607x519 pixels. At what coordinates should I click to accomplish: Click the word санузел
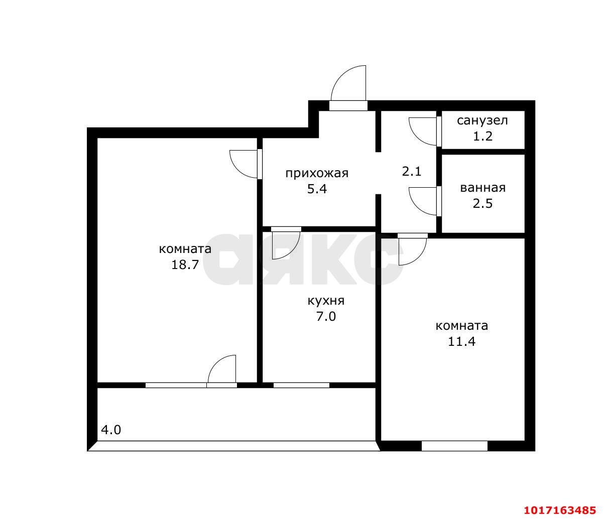pyautogui.click(x=482, y=120)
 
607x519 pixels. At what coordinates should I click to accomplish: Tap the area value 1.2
pyautogui.click(x=482, y=136)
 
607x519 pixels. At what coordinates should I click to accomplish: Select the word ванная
pyautogui.click(x=483, y=188)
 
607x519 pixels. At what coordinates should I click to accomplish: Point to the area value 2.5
pyautogui.click(x=482, y=203)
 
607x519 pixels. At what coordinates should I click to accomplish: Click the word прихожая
pyautogui.click(x=317, y=174)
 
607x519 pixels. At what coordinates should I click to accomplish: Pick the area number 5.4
pyautogui.click(x=317, y=189)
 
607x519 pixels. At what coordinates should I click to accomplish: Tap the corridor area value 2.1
pyautogui.click(x=411, y=172)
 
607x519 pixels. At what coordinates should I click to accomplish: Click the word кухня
pyautogui.click(x=326, y=301)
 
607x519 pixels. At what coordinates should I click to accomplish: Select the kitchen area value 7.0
pyautogui.click(x=326, y=316)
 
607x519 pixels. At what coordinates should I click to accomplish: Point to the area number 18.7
pyautogui.click(x=185, y=265)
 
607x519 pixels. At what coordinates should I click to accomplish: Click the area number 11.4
pyautogui.click(x=461, y=341)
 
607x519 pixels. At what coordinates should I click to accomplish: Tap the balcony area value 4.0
pyautogui.click(x=111, y=430)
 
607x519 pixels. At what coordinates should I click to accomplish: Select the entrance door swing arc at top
pyautogui.click(x=340, y=75)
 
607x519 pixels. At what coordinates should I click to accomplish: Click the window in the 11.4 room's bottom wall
pyautogui.click(x=454, y=446)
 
